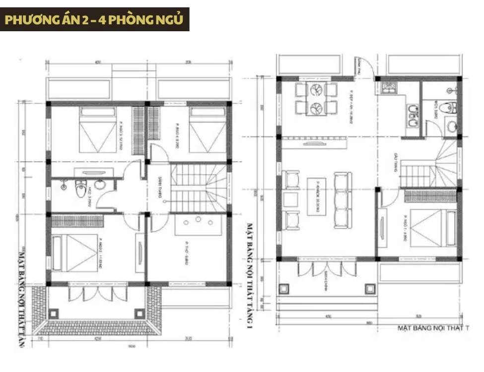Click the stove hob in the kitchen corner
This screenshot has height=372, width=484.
tap(388, 89)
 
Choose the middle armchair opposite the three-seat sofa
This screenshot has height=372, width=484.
tap(291, 200)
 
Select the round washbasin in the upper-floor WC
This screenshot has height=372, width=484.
tap(100, 185)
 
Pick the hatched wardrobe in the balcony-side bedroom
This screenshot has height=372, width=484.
tap(77, 220)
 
